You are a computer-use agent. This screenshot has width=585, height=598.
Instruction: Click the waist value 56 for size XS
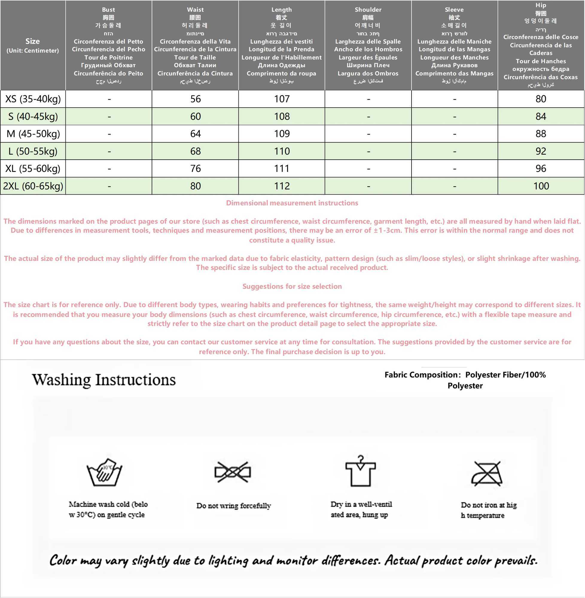tap(195, 99)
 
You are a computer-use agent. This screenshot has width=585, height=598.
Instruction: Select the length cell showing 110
tap(282, 151)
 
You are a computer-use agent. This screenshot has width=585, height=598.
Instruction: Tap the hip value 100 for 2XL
tap(541, 186)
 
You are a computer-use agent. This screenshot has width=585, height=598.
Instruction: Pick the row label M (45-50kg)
tap(33, 134)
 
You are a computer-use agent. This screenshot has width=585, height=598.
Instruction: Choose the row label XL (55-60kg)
tap(33, 168)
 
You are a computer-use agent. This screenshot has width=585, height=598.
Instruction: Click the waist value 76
tap(195, 168)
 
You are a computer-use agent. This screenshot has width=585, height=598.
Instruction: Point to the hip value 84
tap(541, 116)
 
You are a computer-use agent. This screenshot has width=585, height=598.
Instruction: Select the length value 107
tap(282, 99)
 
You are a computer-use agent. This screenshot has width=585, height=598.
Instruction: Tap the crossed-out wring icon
tap(233, 472)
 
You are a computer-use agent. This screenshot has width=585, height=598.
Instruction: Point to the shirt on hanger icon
tap(360, 471)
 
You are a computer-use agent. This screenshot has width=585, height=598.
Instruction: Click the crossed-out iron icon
tap(487, 473)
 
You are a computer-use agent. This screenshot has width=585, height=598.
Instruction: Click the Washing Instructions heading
tap(104, 380)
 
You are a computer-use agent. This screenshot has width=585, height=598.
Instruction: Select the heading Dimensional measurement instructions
tap(292, 203)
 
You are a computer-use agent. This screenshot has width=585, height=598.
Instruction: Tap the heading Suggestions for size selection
tap(292, 286)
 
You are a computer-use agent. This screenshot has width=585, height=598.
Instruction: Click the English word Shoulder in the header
tap(368, 10)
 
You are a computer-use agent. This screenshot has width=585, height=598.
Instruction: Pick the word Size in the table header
tap(33, 41)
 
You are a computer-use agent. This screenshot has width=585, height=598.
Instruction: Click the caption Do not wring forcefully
tap(234, 506)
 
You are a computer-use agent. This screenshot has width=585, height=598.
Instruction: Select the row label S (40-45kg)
tap(33, 116)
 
